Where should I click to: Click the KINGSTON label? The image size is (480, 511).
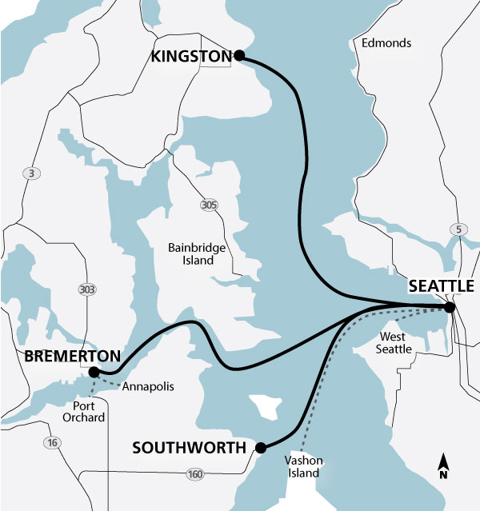click(x=190, y=56)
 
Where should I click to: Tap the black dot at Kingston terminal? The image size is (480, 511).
click(x=238, y=56)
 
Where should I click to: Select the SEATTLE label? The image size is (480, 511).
click(x=442, y=286)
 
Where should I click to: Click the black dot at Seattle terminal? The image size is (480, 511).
click(x=450, y=307)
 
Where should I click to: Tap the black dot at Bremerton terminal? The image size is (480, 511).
click(x=94, y=371)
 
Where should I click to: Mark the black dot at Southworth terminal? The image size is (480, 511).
click(x=260, y=448)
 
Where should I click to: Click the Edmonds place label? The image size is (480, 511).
click(x=386, y=42)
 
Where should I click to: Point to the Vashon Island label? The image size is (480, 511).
click(x=302, y=467)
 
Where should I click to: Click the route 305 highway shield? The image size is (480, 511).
click(x=209, y=206)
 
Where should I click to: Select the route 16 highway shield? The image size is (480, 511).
click(x=53, y=443)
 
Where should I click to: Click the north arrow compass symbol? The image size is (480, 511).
click(x=442, y=466)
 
